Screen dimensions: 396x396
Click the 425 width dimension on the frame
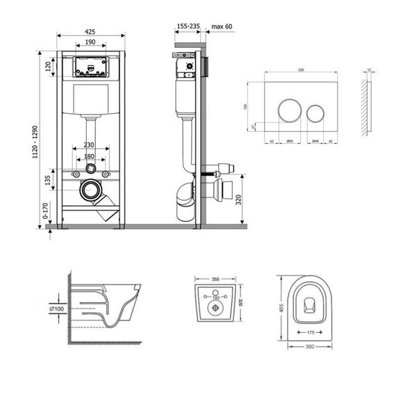pyautogui.click(x=91, y=31)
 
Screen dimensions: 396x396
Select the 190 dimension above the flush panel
pyautogui.click(x=91, y=42)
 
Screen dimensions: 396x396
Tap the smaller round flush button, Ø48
pyautogui.click(x=315, y=111)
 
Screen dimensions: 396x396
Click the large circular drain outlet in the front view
pyautogui.click(x=89, y=188)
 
